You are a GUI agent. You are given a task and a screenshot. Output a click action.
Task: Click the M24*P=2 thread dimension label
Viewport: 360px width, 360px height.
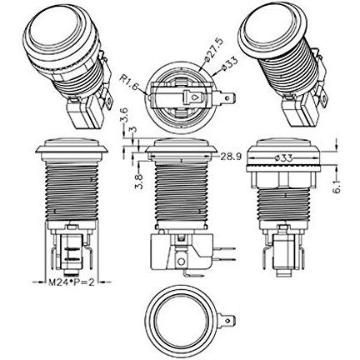pyautogui.click(x=72, y=282)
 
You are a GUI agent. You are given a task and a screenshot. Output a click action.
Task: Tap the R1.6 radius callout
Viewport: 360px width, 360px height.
pyautogui.click(x=129, y=82)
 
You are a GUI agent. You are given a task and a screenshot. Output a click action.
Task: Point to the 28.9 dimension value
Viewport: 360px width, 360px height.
pyautogui.click(x=231, y=157)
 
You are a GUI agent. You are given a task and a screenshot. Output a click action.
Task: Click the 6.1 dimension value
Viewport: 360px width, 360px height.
pyautogui.click(x=337, y=186)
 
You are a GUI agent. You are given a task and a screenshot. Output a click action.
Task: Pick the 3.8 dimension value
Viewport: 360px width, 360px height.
pyautogui.click(x=139, y=181)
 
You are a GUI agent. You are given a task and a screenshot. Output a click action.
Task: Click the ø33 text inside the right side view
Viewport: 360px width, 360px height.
pyautogui.click(x=283, y=158)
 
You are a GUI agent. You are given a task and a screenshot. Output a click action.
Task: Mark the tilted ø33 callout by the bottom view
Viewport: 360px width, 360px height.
pyautogui.click(x=228, y=64)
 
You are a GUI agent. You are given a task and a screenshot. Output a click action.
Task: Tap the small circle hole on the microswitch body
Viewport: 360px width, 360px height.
pyautogui.click(x=181, y=262)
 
